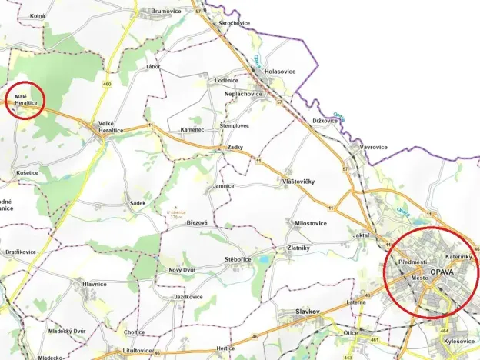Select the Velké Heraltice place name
tap(112, 127)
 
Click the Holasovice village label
tap(280, 72)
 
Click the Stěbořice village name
tap(238, 260)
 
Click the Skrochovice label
tap(235, 24)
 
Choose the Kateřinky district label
tap(458, 255)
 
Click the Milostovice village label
tap(311, 223)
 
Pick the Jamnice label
tap(223, 186)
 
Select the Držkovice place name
tap(325, 121)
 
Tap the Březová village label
tap(197, 222)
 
